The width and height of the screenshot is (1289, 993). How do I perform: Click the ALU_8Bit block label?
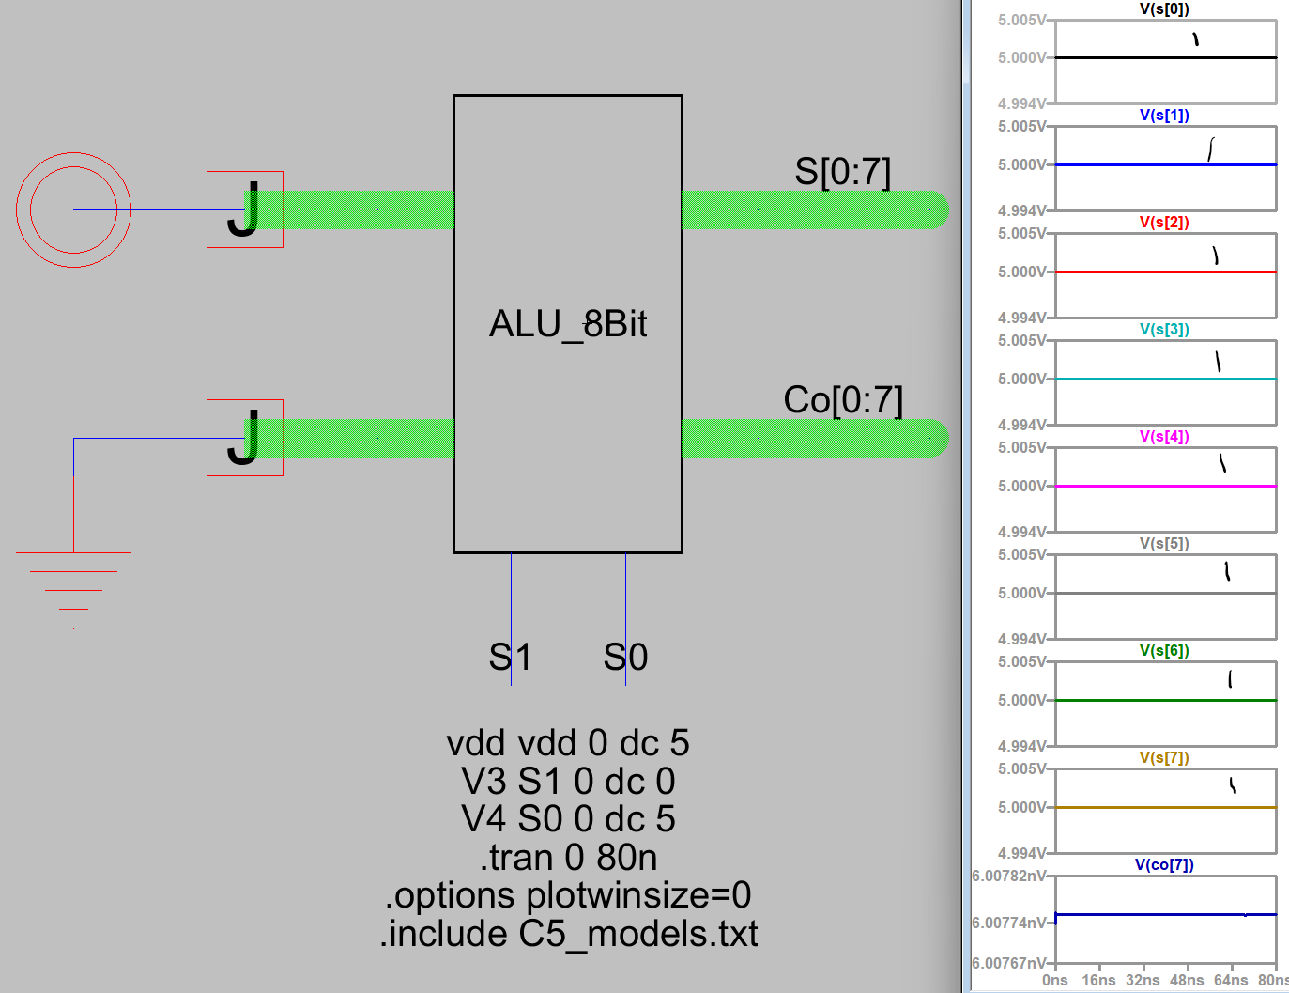click(568, 324)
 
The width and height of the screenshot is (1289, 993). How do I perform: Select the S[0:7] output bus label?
click(842, 172)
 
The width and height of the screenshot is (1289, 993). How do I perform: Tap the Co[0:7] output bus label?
click(842, 400)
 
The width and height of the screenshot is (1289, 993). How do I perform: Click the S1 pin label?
click(511, 657)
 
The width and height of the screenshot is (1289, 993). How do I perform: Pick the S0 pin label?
click(625, 657)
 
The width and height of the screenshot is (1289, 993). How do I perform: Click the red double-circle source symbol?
click(73, 209)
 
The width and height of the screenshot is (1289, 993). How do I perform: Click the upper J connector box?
click(244, 209)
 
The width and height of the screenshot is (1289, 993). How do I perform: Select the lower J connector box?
click(244, 438)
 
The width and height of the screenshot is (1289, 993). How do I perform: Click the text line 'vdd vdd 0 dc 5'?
click(568, 743)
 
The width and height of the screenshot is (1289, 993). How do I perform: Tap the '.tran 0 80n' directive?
click(568, 858)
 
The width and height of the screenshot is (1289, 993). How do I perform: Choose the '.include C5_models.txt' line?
click(568, 934)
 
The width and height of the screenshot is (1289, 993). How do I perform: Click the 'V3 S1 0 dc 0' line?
click(568, 782)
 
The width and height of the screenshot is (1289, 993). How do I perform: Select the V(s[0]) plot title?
click(1164, 9)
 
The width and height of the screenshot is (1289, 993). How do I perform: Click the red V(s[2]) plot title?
click(1164, 223)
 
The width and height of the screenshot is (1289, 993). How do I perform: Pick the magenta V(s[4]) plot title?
click(1164, 437)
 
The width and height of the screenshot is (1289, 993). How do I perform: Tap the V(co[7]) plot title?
click(1164, 865)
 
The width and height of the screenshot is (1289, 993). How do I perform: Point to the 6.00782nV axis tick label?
click(1008, 877)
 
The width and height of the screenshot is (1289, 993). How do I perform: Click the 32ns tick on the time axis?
click(1143, 981)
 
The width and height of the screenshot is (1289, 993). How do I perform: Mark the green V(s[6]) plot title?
click(1164, 651)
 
